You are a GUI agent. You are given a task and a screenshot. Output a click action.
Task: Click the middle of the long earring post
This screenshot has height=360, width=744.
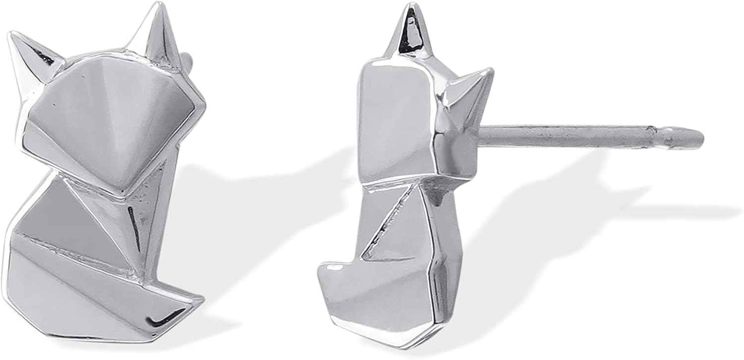coord(570,136)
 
